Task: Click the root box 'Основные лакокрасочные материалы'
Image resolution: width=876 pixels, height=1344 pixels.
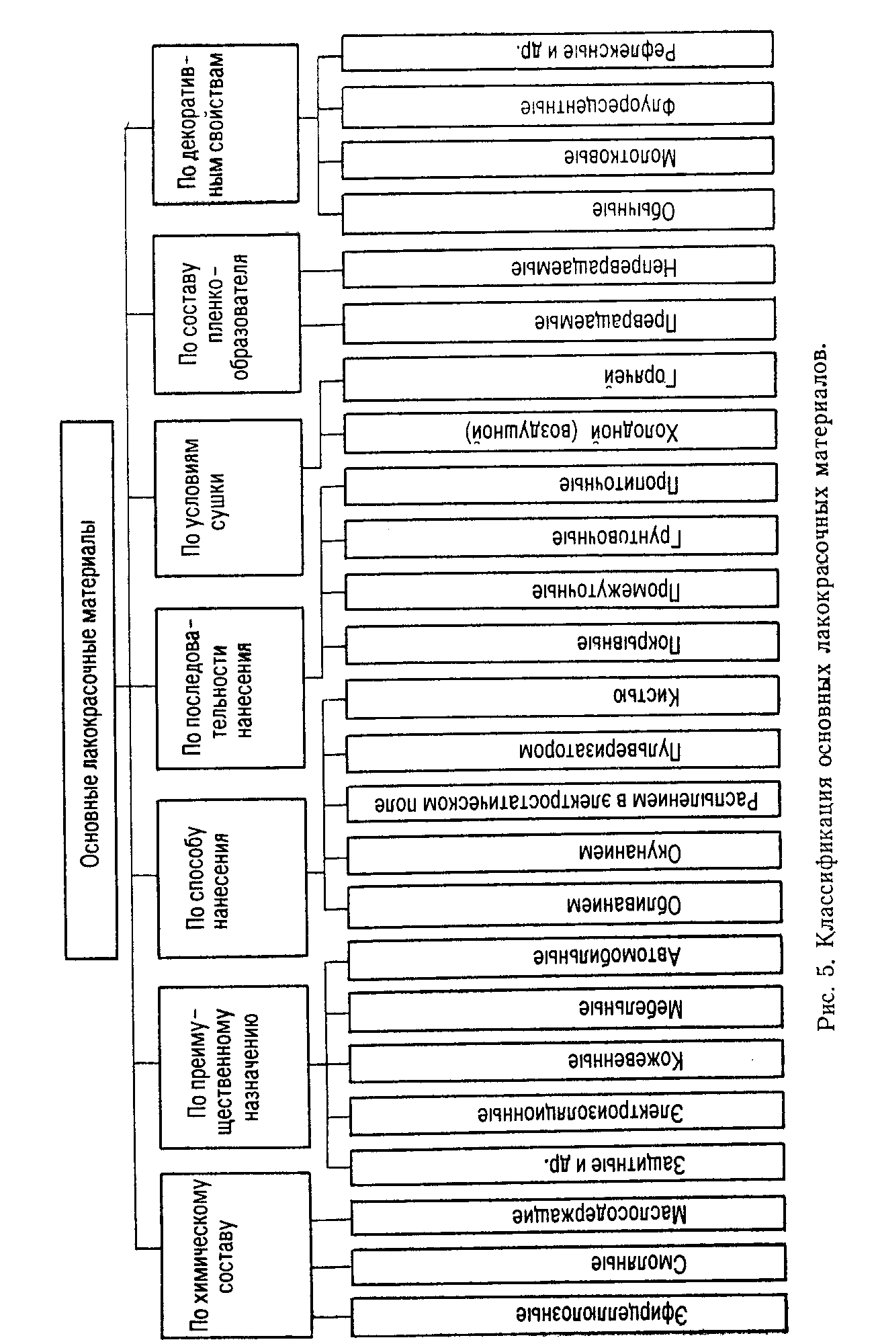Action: (91, 689)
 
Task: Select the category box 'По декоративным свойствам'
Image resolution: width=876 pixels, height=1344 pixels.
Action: (226, 124)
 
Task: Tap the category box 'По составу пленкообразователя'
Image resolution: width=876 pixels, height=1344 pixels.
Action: (227, 314)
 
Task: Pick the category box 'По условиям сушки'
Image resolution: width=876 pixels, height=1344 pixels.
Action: (228, 498)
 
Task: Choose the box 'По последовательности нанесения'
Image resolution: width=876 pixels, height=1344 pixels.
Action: (230, 688)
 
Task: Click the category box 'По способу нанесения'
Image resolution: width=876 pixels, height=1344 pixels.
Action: (232, 878)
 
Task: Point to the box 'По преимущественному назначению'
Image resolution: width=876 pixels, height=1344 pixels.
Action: (234, 1067)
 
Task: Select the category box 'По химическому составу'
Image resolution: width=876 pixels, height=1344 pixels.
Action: (235, 1255)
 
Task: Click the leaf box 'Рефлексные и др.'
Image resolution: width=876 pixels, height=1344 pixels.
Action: (557, 50)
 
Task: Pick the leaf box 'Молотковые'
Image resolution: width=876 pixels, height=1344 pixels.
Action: (558, 158)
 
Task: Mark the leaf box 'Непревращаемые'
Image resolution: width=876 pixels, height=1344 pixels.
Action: (558, 267)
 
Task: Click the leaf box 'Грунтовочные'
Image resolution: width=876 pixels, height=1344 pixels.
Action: (561, 537)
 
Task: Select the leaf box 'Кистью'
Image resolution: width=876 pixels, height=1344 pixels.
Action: (562, 696)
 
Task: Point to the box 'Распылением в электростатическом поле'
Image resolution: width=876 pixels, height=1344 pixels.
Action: (564, 801)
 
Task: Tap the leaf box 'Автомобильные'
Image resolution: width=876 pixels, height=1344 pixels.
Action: (565, 956)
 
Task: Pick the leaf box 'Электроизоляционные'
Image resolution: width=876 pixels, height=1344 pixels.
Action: (566, 1114)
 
